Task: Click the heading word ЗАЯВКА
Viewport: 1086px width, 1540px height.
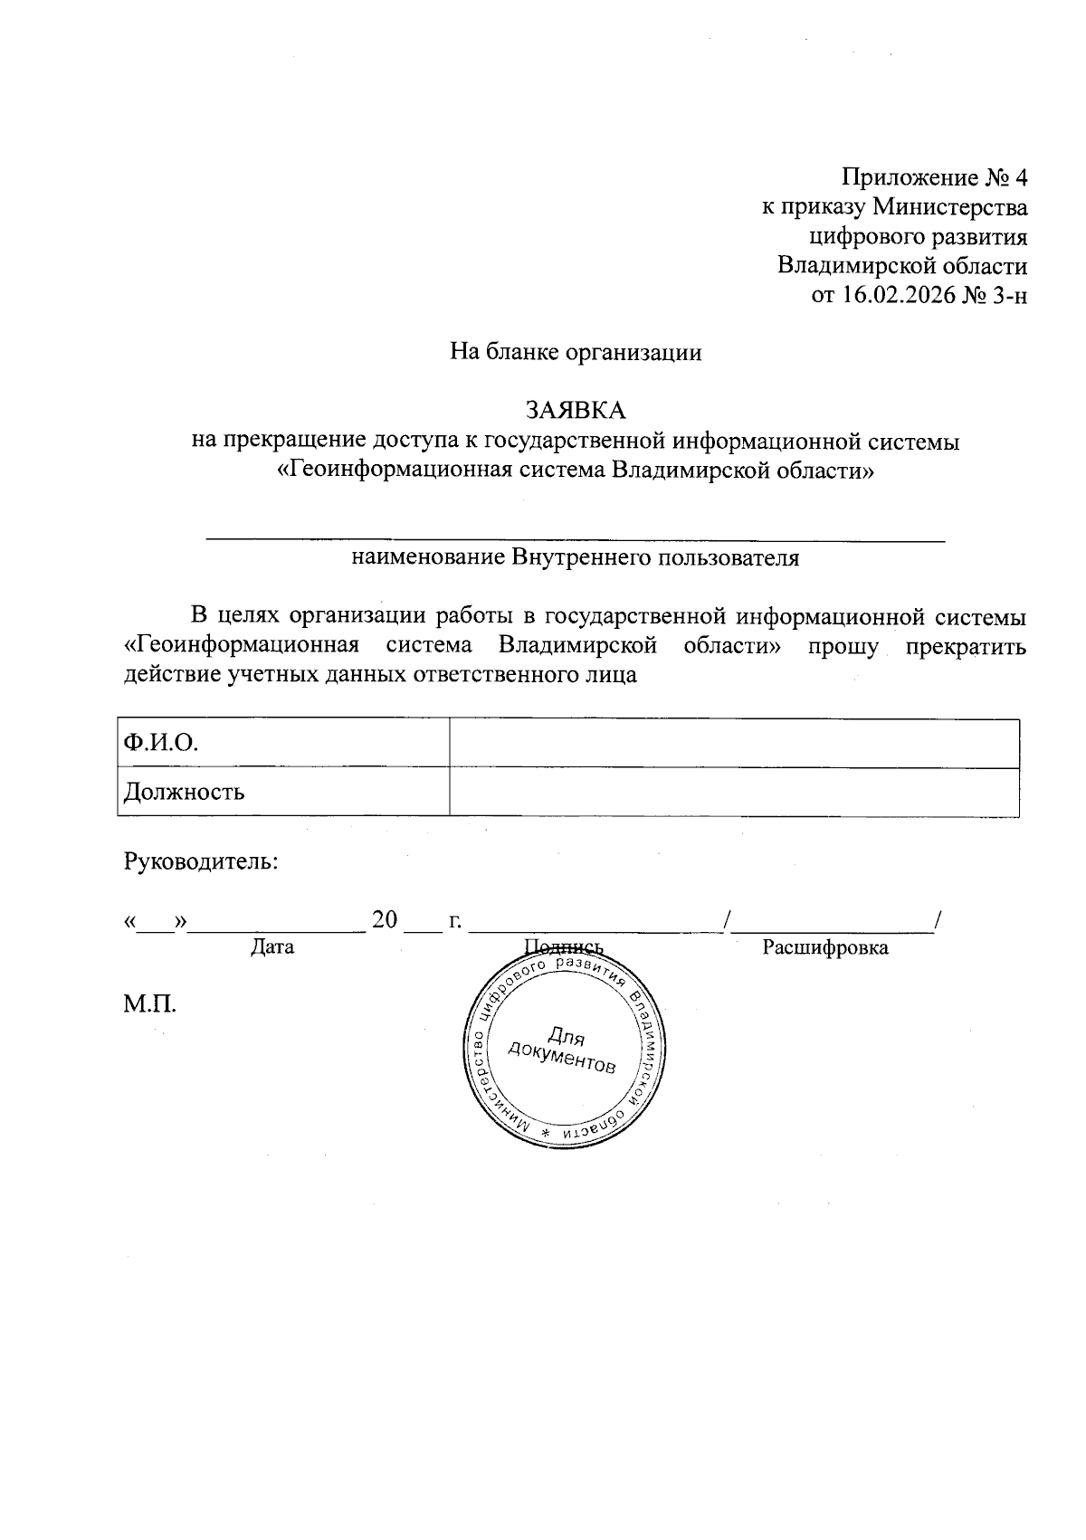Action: [x=576, y=411]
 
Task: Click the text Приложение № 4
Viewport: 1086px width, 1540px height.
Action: [x=935, y=176]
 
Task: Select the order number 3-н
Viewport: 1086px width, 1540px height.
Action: [x=1009, y=296]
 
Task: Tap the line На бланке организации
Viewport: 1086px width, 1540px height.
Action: [x=576, y=352]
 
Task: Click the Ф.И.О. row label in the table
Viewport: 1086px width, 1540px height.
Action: [x=161, y=744]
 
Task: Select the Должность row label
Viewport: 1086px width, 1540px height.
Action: [x=185, y=793]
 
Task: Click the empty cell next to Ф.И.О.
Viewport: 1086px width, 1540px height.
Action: [x=734, y=744]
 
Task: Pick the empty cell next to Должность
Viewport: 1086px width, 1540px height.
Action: [x=734, y=793]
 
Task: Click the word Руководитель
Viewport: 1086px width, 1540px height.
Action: [x=201, y=860]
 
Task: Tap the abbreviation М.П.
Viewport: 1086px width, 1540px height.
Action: [x=149, y=1003]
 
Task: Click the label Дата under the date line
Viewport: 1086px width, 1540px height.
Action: [x=272, y=947]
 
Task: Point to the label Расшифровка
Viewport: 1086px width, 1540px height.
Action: [x=824, y=947]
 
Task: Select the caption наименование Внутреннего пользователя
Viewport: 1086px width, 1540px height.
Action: [x=576, y=557]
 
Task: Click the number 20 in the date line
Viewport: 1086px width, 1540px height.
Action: [x=385, y=920]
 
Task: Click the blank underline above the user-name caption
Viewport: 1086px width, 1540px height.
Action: [x=576, y=539]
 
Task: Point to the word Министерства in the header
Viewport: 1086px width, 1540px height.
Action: [x=949, y=207]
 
